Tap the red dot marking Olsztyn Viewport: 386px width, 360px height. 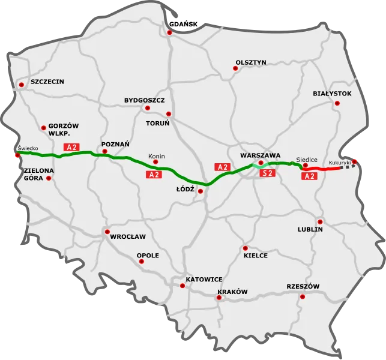coord(235,69)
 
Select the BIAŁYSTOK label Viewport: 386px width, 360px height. coord(332,94)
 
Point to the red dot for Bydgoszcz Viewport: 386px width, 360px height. coord(147,108)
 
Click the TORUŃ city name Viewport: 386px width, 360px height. coord(158,122)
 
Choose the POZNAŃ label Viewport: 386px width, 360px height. coord(116,144)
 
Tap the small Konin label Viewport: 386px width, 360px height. coord(157,156)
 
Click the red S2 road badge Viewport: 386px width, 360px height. coord(268,173)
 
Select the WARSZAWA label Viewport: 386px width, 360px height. coord(260,154)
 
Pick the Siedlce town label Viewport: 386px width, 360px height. coord(307,160)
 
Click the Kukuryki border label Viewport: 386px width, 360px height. coord(340,163)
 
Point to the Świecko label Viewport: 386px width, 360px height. coord(28,148)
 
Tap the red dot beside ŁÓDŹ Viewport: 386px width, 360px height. coord(200,191)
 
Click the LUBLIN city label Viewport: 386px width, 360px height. coord(310,229)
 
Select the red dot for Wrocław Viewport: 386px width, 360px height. coord(107,232)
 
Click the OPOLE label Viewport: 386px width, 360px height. coord(148,255)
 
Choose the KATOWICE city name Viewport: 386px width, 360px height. coord(204,280)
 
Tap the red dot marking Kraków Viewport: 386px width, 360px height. coord(218,298)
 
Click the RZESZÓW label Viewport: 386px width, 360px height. coord(303,286)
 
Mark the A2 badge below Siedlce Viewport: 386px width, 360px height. coord(309,176)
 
